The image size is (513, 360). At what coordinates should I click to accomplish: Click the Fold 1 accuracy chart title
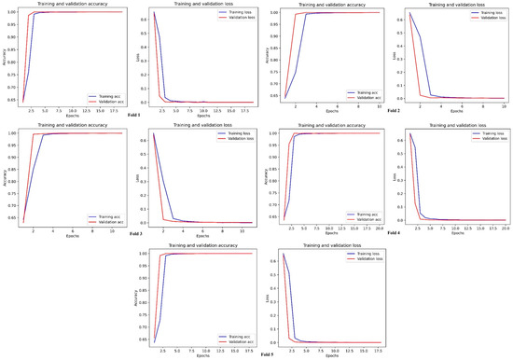(65, 4)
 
